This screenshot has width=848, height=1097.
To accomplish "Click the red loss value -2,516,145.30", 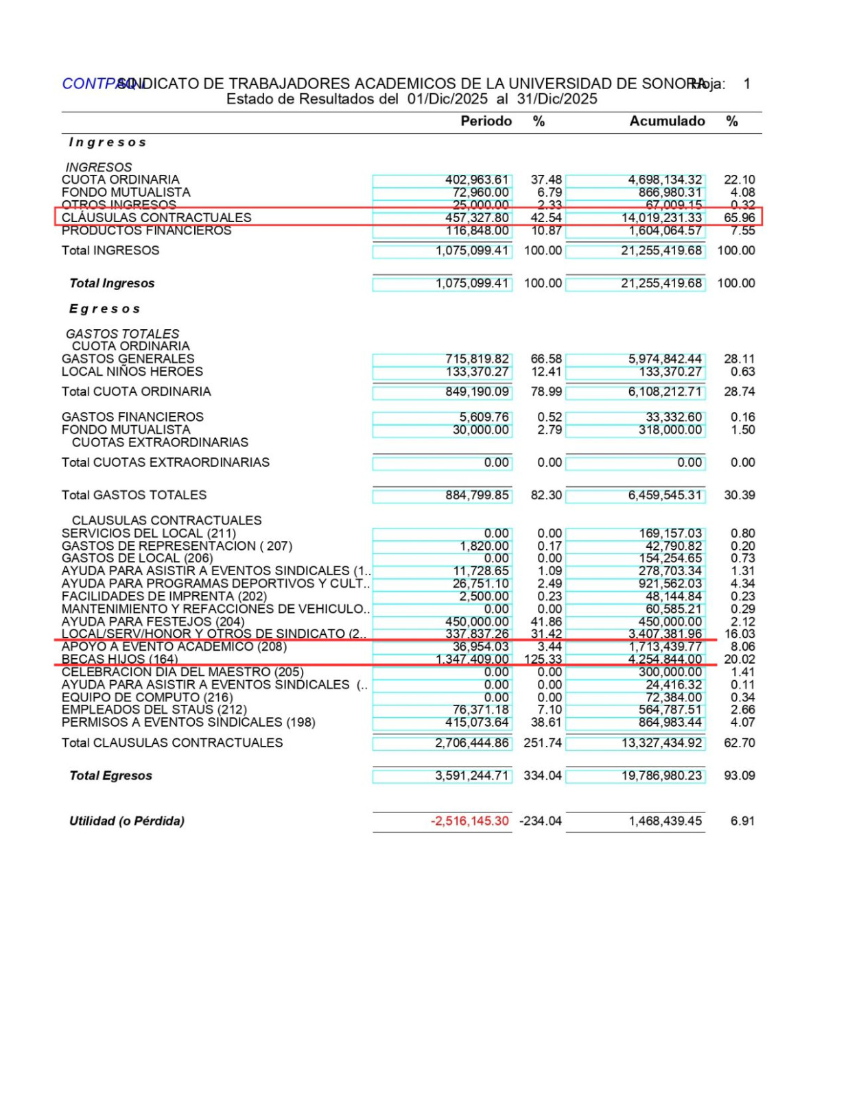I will [470, 821].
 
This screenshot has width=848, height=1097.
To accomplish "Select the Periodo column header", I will [486, 121].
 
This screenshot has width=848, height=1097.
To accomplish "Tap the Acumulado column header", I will [667, 121].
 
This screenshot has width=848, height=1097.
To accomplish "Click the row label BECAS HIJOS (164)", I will [119, 660].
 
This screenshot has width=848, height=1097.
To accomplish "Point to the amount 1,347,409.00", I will [473, 660].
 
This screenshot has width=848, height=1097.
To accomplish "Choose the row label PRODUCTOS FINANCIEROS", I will [146, 230].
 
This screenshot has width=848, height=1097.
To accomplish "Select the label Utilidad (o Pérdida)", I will [127, 821].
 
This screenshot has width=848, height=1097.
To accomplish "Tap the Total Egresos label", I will [110, 775].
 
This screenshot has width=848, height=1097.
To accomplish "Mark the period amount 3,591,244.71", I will [472, 775].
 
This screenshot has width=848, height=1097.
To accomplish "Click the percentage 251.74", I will [543, 743].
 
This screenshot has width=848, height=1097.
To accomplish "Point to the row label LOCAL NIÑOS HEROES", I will [132, 372].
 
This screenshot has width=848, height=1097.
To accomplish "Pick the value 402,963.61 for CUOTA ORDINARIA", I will [477, 180].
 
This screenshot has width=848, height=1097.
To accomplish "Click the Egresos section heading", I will [104, 309].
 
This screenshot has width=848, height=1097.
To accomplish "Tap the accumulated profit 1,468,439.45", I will [665, 821].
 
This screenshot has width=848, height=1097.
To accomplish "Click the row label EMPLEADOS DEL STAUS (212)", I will [154, 710].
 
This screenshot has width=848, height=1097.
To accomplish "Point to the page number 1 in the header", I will [747, 84].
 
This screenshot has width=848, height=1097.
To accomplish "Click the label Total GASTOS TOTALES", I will [134, 495].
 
